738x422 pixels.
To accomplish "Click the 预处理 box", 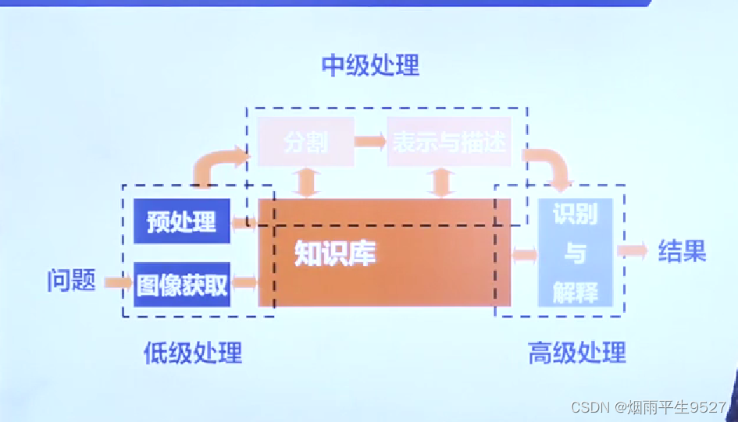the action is coord(181,222).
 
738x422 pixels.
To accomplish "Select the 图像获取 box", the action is coord(181,285).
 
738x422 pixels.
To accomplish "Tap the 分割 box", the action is coord(306,142).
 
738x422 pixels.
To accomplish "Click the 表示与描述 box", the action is coord(449,142).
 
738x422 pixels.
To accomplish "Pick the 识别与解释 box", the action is coord(576,253).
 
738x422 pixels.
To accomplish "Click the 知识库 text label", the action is coord(335,254).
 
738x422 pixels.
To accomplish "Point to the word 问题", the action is coord(71,281).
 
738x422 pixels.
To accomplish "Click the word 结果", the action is coord(682,251).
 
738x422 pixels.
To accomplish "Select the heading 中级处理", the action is coord(370,66).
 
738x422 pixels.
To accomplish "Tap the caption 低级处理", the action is coord(193,353).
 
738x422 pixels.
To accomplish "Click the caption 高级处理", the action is coord(577,353).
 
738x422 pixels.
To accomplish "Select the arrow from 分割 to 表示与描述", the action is coord(370,142).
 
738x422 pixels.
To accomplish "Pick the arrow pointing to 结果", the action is coord(632,251).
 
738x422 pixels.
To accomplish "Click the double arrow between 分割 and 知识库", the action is coord(306,182).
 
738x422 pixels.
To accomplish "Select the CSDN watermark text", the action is coord(648,407).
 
